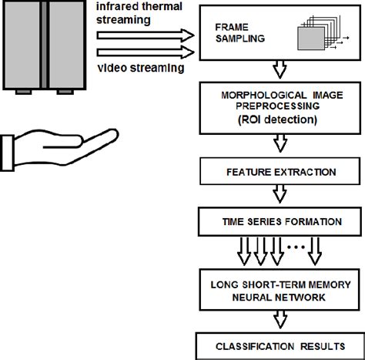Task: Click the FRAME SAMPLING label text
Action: tap(240, 33)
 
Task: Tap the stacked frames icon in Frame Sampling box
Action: tap(323, 33)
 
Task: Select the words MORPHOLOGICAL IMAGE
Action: tap(282, 96)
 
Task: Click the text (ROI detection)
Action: tap(277, 119)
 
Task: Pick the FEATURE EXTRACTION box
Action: tap(280, 171)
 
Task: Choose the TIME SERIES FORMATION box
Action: tap(280, 222)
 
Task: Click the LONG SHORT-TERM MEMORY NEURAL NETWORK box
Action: tap(280, 290)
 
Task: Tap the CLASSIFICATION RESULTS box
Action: tap(280, 346)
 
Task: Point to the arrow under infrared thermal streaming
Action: tap(146, 35)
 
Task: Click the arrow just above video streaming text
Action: tap(146, 52)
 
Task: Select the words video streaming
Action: tap(141, 68)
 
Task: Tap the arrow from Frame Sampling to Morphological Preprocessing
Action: tap(280, 69)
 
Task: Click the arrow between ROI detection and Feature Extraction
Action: tap(280, 143)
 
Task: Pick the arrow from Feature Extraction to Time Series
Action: tap(280, 193)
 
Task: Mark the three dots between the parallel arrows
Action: tap(296, 247)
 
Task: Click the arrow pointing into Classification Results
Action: tap(280, 319)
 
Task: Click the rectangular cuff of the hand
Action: tap(7, 153)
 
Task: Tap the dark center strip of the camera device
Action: tap(44, 44)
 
